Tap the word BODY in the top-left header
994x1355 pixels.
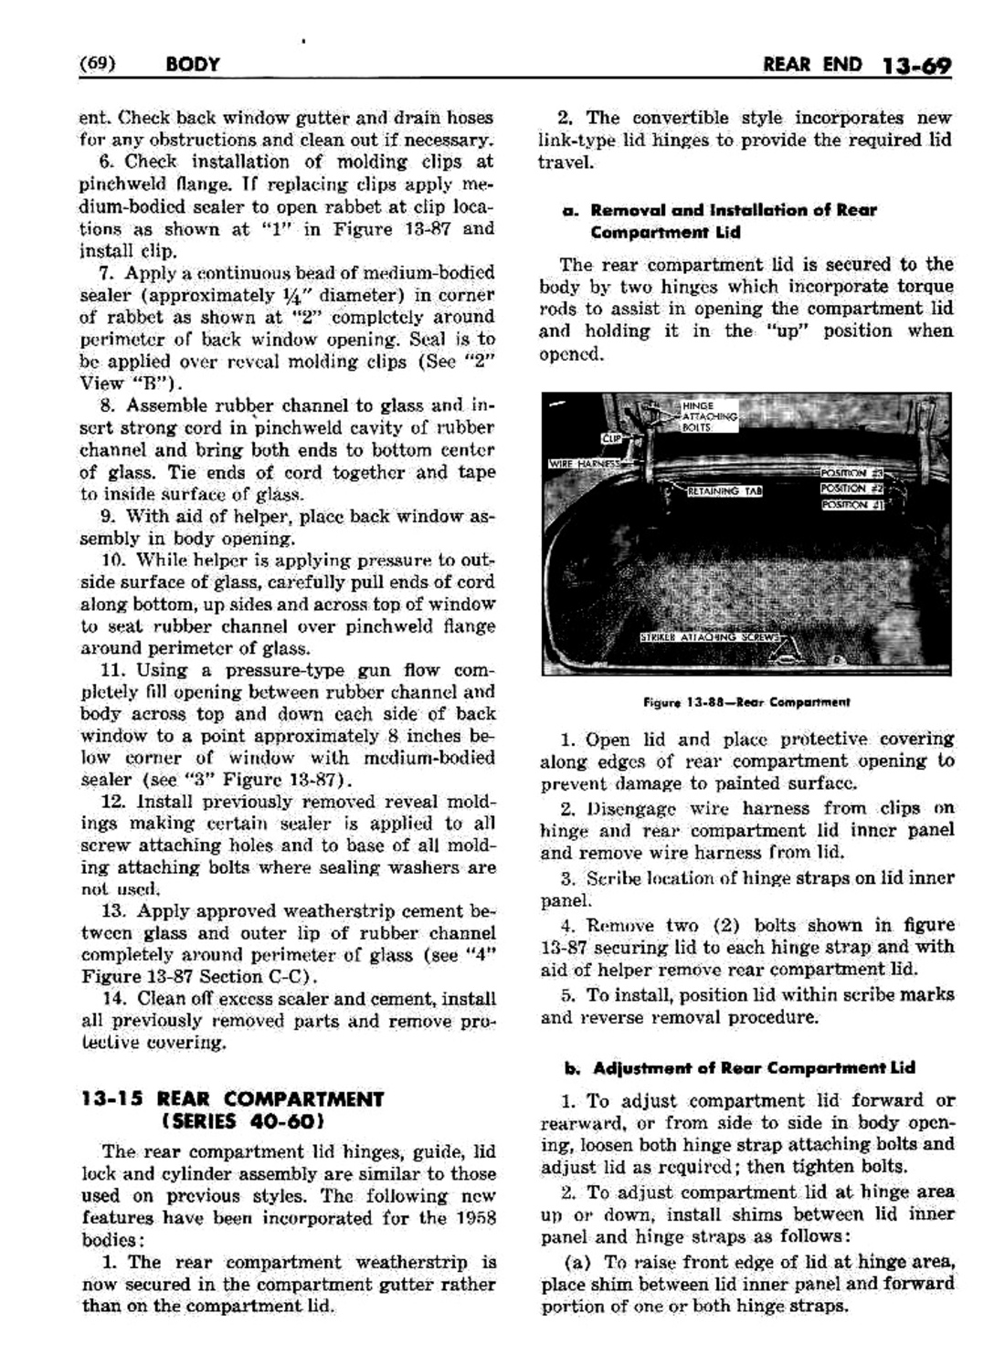(x=193, y=65)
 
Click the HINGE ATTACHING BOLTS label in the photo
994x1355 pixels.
(x=708, y=415)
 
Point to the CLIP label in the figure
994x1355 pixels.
(x=610, y=438)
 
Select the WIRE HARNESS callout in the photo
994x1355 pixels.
(x=582, y=463)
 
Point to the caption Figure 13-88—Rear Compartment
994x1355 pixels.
(x=745, y=702)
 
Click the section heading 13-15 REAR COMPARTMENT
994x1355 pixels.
(x=232, y=1098)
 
